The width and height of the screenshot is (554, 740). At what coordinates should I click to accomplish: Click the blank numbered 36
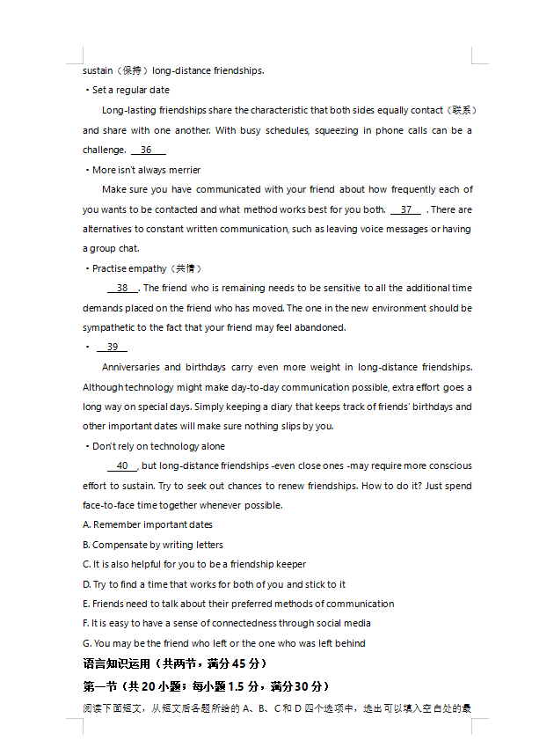(147, 150)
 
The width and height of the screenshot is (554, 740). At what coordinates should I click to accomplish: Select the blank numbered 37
(405, 210)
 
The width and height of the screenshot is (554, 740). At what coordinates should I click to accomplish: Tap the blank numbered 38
(122, 289)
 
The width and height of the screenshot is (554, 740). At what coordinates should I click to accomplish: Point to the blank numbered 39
(112, 348)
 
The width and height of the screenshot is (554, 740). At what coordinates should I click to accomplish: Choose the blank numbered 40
(122, 466)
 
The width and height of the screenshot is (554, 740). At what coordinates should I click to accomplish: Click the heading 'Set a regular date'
(131, 91)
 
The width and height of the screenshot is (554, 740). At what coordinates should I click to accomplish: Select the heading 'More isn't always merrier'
(146, 171)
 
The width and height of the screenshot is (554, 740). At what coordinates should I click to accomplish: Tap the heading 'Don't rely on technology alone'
(158, 447)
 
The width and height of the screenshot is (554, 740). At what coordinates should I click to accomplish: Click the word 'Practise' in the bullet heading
(110, 269)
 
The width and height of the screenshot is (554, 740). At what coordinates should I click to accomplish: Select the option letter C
(86, 565)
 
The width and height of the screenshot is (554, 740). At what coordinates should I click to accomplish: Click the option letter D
(86, 584)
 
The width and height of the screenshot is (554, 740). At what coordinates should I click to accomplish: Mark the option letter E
(86, 604)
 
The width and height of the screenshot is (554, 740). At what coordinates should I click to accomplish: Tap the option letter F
(86, 624)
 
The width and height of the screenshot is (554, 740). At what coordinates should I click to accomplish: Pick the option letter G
(86, 644)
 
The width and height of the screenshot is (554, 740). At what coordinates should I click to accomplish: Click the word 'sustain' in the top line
(98, 71)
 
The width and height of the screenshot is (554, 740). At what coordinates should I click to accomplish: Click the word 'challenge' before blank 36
(104, 150)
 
